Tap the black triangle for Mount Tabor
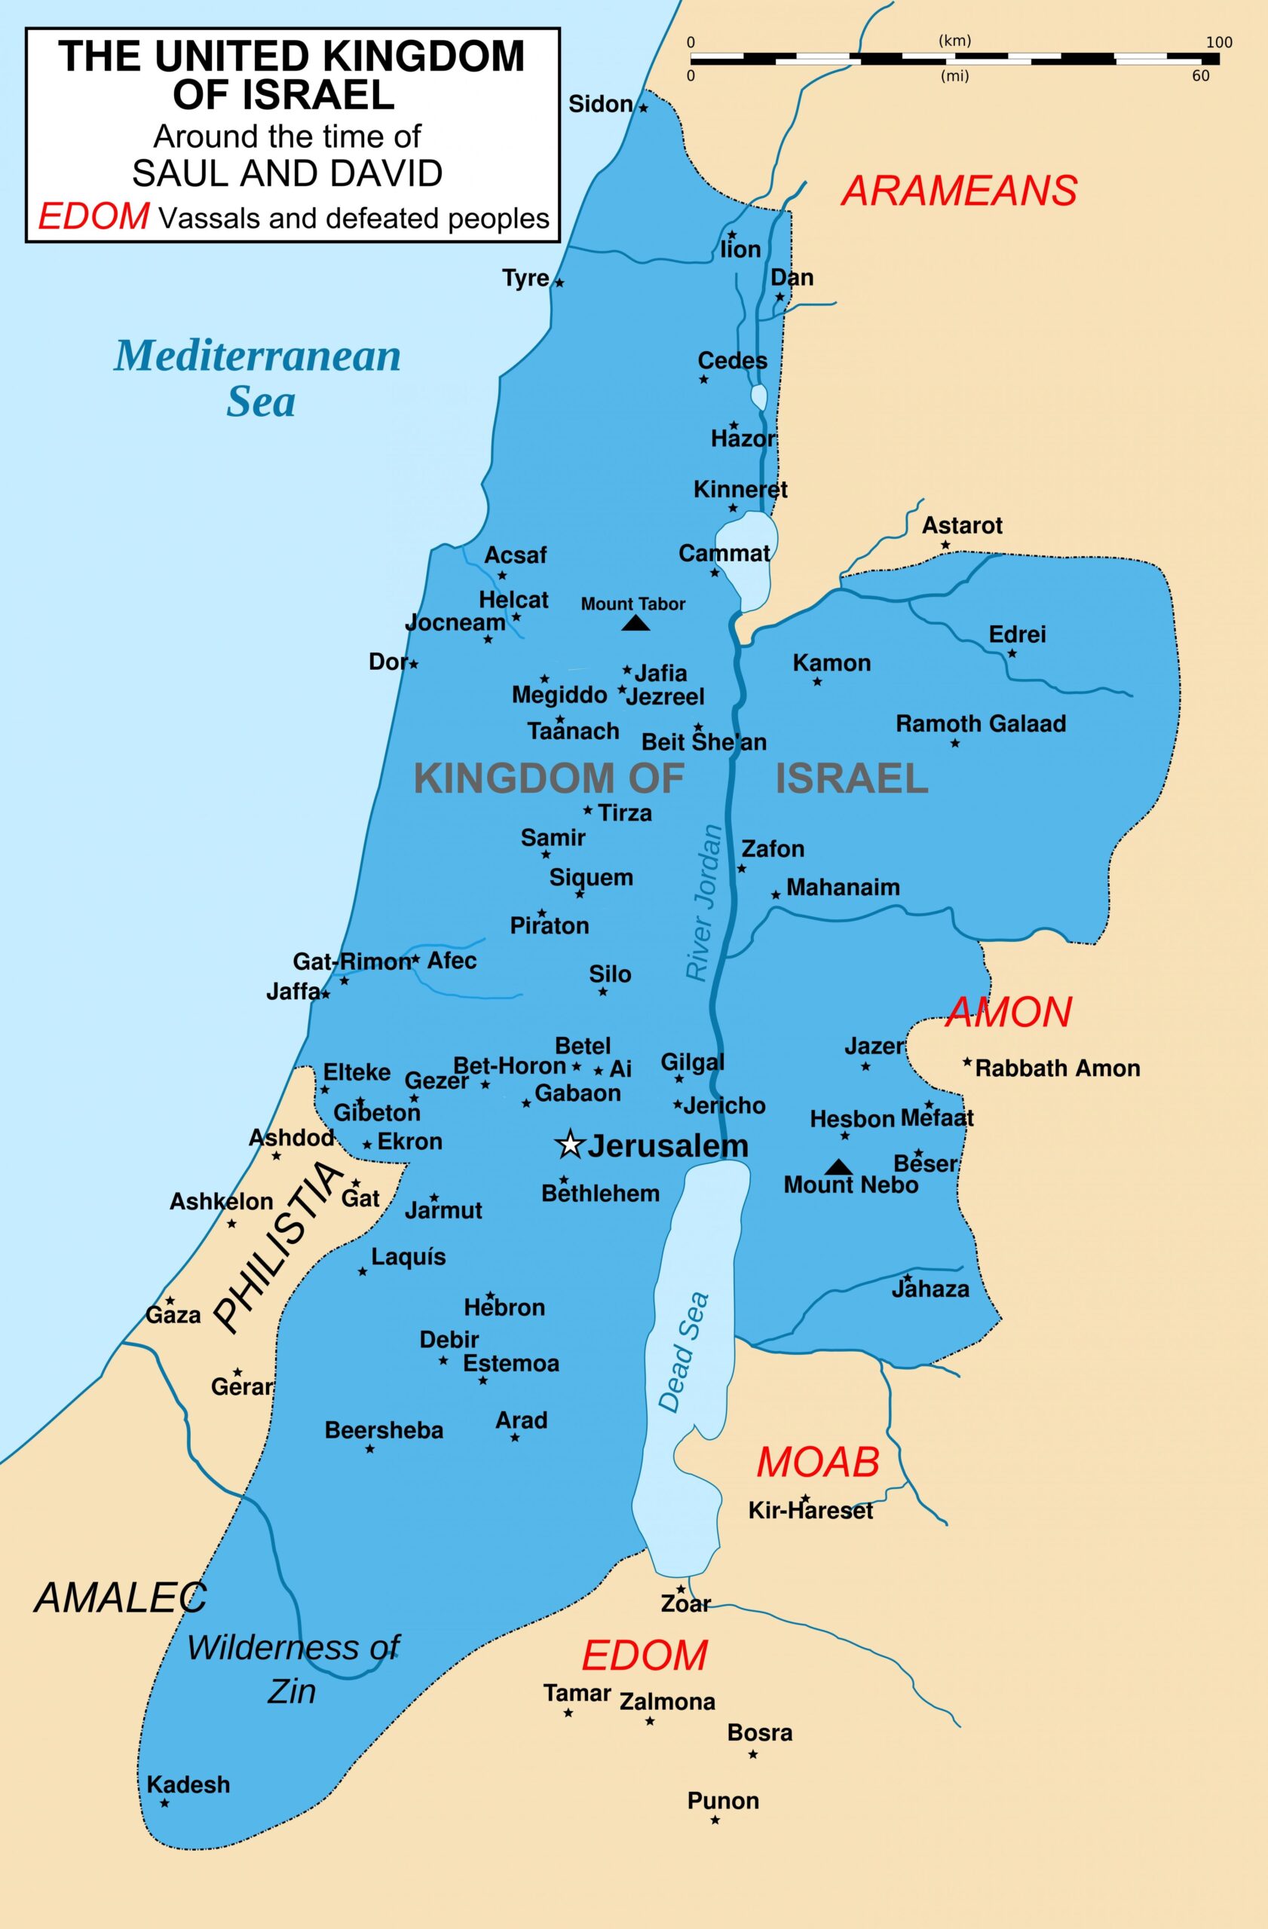click(x=635, y=622)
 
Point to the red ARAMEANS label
click(x=959, y=191)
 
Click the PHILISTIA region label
click(x=277, y=1247)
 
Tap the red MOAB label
click(x=817, y=1461)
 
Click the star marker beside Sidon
click(x=644, y=108)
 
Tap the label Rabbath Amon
click(x=1057, y=1068)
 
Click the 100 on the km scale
click(x=1218, y=42)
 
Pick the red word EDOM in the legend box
click(x=94, y=217)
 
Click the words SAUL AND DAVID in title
click(x=287, y=173)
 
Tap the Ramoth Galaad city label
click(x=980, y=723)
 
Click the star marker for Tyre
click(x=559, y=283)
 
